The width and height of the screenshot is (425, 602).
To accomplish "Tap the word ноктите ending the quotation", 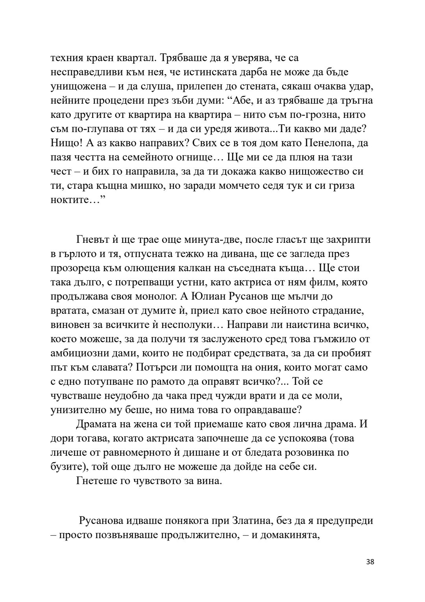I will [69, 200].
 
